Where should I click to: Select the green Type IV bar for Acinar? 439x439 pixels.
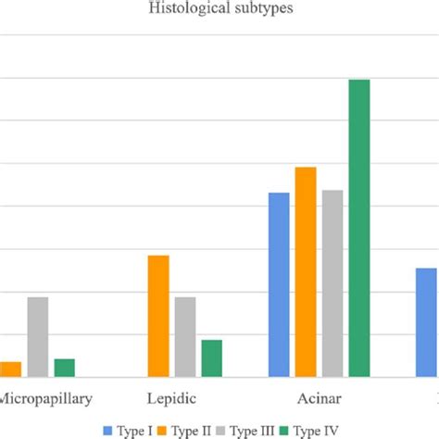coord(359,228)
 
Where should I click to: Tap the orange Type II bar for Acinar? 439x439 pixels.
coord(306,271)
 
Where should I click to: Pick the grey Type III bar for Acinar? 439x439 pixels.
coord(332,282)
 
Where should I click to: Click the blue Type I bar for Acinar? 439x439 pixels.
coord(279,284)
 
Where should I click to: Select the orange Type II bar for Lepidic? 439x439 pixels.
coord(158,316)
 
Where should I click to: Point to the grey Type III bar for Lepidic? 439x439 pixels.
coord(185,336)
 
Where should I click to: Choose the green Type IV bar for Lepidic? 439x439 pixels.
coord(212,357)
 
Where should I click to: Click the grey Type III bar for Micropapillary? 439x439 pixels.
coord(38,336)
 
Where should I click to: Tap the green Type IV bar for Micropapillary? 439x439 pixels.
coord(65,367)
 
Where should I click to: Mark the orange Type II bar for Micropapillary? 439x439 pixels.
coord(11,369)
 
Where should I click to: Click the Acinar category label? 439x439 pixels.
coord(319,400)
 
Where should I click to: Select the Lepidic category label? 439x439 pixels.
coord(171,400)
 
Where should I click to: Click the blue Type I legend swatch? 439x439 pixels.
coord(119,431)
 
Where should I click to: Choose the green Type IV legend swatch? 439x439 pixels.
coord(287,431)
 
